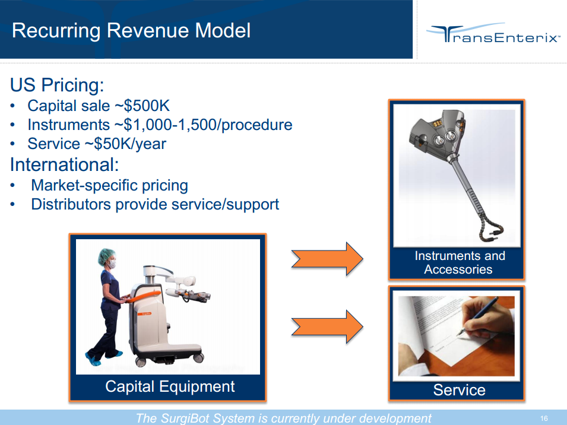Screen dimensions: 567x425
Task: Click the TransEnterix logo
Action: [x=493, y=34]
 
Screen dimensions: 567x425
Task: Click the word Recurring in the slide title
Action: [x=56, y=31]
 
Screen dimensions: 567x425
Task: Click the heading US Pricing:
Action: [x=57, y=85]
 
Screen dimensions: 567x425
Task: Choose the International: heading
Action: [x=64, y=165]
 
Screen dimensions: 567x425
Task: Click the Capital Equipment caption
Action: [x=170, y=386]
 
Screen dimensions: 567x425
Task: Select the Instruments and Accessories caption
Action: [x=460, y=263]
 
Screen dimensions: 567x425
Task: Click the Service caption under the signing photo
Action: [x=460, y=390]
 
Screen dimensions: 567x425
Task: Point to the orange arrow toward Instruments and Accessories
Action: [x=327, y=259]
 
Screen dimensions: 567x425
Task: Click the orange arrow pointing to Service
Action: [x=327, y=326]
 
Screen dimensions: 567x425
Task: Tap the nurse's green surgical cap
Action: [x=106, y=256]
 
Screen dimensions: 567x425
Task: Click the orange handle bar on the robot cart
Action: [x=143, y=297]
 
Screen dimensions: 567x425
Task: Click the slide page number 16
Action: [x=544, y=418]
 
